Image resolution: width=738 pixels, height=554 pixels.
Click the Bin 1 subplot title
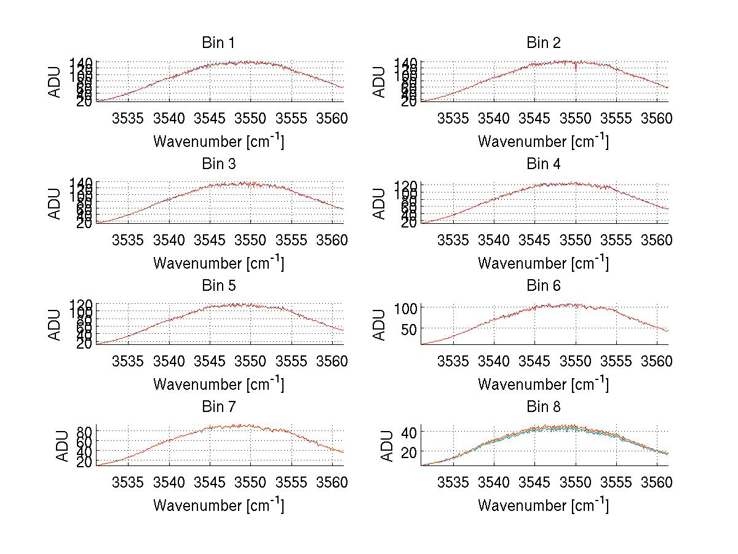point(218,43)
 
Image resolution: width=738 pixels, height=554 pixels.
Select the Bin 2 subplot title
point(544,43)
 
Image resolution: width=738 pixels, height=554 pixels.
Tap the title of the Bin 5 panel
point(218,286)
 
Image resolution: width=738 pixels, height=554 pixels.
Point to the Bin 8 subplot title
point(544,407)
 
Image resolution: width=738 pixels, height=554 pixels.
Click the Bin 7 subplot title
point(218,407)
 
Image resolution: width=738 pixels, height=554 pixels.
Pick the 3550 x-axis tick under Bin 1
point(251,117)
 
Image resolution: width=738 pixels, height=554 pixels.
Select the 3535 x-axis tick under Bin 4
point(453,239)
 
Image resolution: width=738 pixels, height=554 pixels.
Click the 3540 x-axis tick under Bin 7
point(169,481)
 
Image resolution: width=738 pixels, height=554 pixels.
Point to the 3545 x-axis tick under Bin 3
point(210,239)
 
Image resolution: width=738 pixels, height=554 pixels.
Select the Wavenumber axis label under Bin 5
point(218,384)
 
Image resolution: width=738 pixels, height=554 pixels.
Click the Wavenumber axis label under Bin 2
point(544,141)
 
